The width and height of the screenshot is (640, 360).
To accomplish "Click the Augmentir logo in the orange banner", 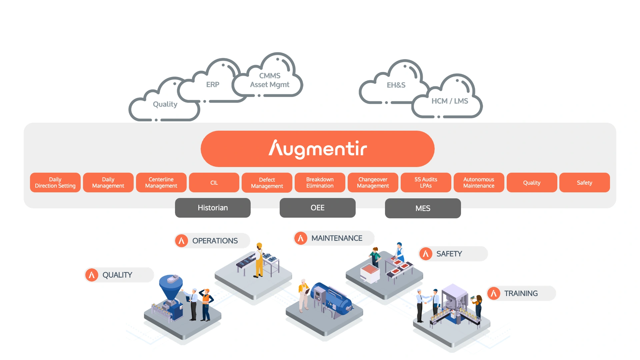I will [x=318, y=149].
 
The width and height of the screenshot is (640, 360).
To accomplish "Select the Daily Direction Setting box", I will [x=55, y=183].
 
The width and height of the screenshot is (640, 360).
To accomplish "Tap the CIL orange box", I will [x=214, y=183].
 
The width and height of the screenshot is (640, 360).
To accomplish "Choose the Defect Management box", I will [x=267, y=183].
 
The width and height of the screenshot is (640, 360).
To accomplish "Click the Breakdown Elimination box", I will [x=320, y=183].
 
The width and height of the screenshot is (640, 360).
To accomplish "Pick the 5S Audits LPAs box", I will [x=426, y=183].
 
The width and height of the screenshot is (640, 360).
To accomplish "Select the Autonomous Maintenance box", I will [x=479, y=183].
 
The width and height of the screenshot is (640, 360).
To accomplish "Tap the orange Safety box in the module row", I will [x=584, y=183].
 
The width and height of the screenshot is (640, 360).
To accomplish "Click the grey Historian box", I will [x=213, y=208].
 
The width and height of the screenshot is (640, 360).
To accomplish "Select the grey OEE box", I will [x=317, y=208].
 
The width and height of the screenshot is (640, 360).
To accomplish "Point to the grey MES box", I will [x=423, y=208].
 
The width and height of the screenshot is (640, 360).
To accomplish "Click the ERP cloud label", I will [x=213, y=85].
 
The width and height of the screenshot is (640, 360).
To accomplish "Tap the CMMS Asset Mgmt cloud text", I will [x=270, y=80].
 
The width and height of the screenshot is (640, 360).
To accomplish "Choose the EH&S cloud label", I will [x=396, y=85].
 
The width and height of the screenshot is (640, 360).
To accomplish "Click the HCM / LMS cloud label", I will [x=450, y=101].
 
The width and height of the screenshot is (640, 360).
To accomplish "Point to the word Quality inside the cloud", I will [x=165, y=104].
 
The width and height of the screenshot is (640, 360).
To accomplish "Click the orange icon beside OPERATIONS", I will [x=182, y=241].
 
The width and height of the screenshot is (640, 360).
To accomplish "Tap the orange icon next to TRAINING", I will [x=494, y=293].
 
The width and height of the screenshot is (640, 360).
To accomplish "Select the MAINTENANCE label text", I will [x=337, y=238].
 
